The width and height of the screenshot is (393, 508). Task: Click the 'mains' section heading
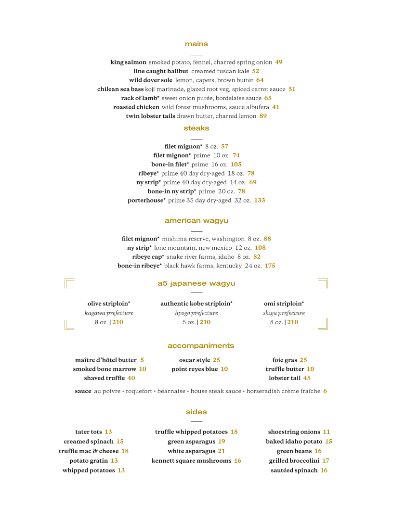coord(196,44)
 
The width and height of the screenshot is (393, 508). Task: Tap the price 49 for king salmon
coord(279,62)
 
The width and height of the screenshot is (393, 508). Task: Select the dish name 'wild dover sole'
coord(150,80)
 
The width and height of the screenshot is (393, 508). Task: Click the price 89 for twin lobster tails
coord(263,116)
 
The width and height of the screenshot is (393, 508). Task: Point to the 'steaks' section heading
coord(196,128)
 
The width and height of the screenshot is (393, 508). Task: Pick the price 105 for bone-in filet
coord(236,165)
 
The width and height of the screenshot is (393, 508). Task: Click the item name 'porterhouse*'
coord(146,201)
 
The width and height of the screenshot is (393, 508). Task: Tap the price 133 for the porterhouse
coord(260,201)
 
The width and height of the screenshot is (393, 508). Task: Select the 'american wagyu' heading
coord(196,221)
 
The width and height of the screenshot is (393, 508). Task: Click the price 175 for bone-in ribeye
coord(270,266)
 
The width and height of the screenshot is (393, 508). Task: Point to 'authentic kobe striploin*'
coord(196,304)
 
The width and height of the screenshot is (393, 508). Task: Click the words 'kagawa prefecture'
coord(109,313)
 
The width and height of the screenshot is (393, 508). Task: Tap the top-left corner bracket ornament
coord(69,283)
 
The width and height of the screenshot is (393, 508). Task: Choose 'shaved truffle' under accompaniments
coord(105,378)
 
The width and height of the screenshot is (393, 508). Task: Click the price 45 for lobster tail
coord(307,378)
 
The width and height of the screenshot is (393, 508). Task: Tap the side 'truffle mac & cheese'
coord(89,451)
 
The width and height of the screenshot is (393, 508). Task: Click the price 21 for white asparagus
coord(222,451)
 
